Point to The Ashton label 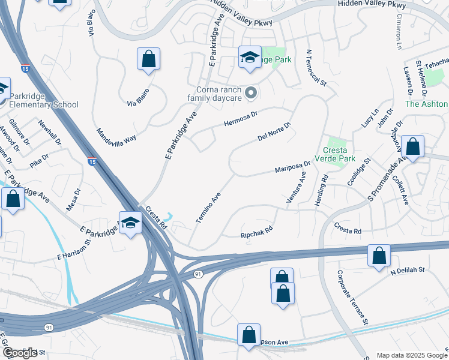click(x=427, y=103)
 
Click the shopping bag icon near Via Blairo click(x=148, y=59)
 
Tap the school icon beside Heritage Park click(x=250, y=57)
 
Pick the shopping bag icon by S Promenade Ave click(x=412, y=146)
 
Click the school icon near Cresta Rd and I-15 click(x=130, y=223)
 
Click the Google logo click(x=20, y=353)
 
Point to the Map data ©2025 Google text click(x=411, y=355)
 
